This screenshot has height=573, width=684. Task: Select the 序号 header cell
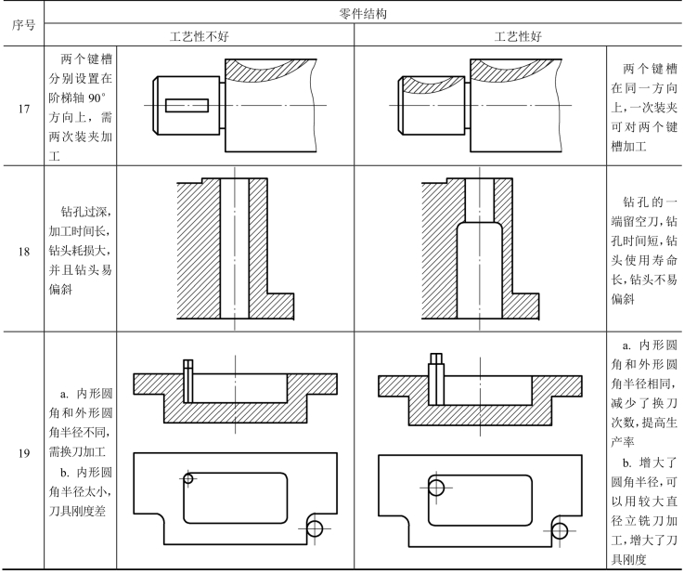[22, 25]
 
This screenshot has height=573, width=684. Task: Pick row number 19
[22, 455]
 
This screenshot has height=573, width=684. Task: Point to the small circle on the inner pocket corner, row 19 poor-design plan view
[188, 479]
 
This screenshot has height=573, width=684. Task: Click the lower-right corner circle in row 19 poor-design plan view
[316, 528]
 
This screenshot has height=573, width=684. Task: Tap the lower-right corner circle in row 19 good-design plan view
[559, 529]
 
